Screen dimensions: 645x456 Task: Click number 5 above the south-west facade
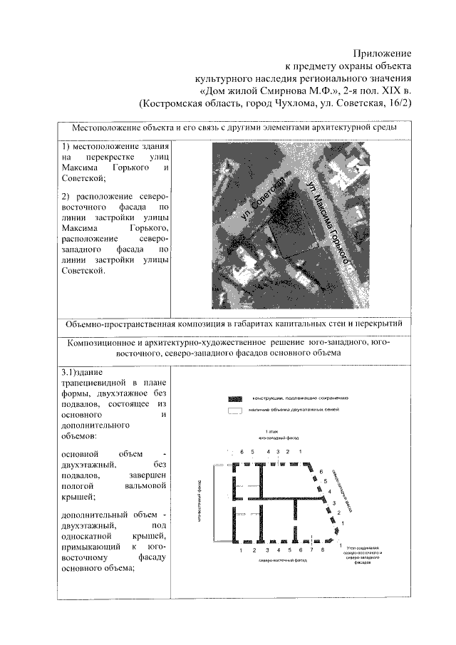[252, 452]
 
